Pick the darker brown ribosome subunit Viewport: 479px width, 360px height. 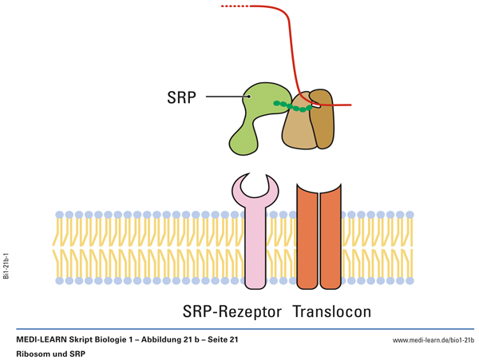click(x=323, y=120)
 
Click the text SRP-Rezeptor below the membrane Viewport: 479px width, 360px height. click(x=232, y=311)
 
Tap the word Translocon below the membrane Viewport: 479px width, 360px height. click(x=331, y=311)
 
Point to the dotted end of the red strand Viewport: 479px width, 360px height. click(x=233, y=6)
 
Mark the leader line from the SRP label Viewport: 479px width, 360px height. click(x=228, y=97)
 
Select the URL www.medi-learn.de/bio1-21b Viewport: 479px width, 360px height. click(x=433, y=340)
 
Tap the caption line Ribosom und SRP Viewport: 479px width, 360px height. click(x=50, y=354)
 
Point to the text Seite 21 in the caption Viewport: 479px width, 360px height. click(x=223, y=340)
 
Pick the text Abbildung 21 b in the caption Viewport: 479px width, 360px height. click(x=166, y=340)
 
